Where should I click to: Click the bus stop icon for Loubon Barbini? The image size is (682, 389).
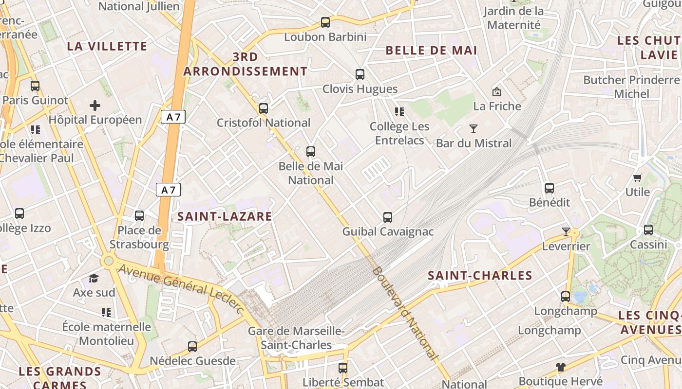325,22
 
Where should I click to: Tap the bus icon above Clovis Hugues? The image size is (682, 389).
360,74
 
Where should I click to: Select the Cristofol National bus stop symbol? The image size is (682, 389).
264,108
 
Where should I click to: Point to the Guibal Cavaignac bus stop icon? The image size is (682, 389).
388,217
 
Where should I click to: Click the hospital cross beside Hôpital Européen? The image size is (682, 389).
95,105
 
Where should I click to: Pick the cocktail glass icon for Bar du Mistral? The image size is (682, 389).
473,129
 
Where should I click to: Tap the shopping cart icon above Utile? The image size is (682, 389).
637,178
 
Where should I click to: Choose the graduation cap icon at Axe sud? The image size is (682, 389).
94,278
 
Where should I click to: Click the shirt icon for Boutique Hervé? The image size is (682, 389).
561,367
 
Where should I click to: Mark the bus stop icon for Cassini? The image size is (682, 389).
648,230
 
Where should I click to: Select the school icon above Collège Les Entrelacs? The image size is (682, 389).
399,112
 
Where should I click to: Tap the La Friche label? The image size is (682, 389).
497,106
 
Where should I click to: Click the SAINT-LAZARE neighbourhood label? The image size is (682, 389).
225,216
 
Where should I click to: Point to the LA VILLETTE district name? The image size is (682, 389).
107,46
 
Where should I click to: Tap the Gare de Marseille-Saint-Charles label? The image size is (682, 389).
296,338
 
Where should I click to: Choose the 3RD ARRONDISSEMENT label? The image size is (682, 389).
246,64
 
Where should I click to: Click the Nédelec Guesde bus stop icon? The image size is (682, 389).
192,347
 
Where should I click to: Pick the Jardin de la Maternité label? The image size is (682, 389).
513,18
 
